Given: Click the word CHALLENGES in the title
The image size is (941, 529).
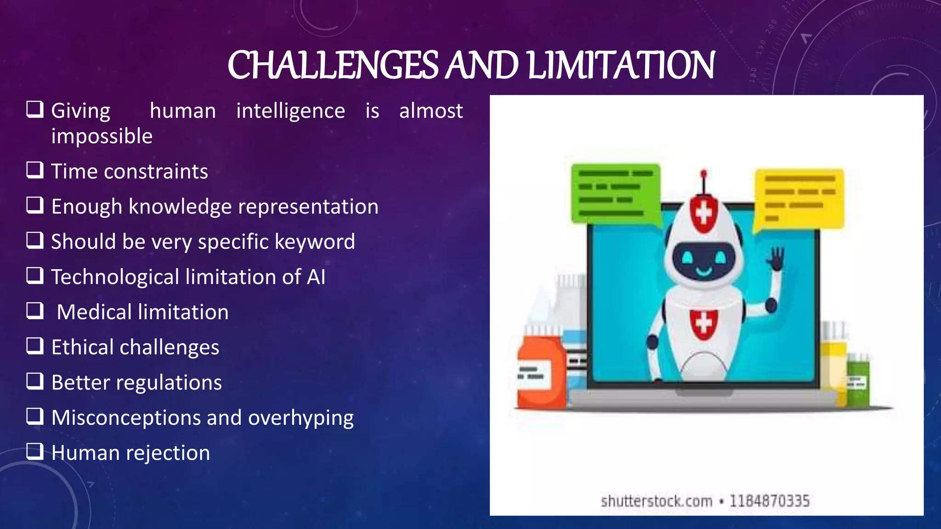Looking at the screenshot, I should (333, 65).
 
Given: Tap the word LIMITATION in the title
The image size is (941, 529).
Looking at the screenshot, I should (621, 65).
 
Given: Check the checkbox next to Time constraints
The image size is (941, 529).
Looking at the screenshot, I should (35, 170).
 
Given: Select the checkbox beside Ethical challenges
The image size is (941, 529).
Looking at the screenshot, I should (35, 346).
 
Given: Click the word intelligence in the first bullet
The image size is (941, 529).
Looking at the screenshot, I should (290, 111).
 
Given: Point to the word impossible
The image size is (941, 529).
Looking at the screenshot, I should (102, 136).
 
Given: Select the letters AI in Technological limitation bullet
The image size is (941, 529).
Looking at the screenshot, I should (316, 277).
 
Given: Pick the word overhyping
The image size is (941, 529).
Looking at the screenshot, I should (300, 418).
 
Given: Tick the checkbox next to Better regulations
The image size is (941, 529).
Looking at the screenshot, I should (35, 381).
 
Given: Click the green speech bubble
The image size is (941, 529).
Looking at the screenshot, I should (615, 193).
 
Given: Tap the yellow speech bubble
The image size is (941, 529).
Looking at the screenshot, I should (799, 198).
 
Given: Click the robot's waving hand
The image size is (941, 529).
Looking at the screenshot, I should (777, 259).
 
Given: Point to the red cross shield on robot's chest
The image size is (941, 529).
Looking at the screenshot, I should (703, 324).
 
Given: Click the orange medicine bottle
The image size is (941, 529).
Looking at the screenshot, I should (540, 372).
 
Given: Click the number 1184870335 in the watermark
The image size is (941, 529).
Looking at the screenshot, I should (770, 501).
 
